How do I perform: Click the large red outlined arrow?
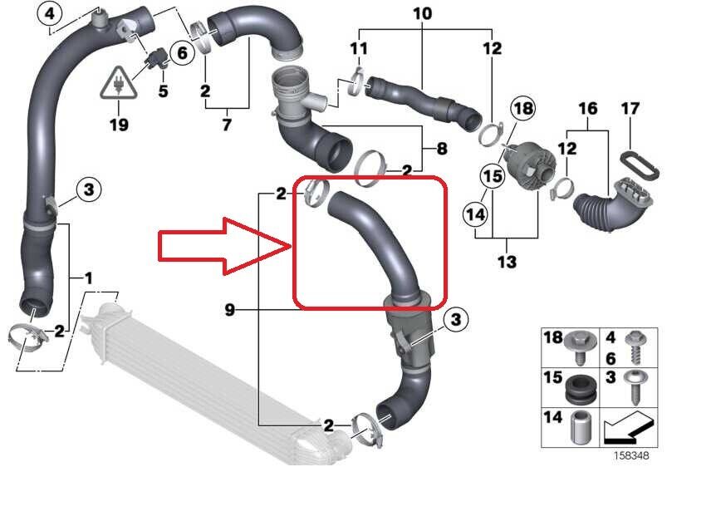click(224, 247)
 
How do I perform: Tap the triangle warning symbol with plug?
click(119, 83)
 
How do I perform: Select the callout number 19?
click(119, 124)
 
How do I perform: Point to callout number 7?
click(227, 124)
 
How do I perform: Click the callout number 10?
click(423, 13)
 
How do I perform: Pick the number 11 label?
click(359, 48)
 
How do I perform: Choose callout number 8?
click(442, 149)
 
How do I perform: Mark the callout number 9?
click(230, 310)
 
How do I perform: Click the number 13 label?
click(507, 262)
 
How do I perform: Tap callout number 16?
click(588, 108)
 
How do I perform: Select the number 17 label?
click(630, 108)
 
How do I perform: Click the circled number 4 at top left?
click(49, 14)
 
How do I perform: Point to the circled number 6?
click(182, 53)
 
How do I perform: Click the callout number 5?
click(163, 91)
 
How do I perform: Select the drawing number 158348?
click(630, 455)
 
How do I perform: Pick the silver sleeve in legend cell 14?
click(581, 427)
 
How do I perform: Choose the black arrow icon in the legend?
click(628, 427)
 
